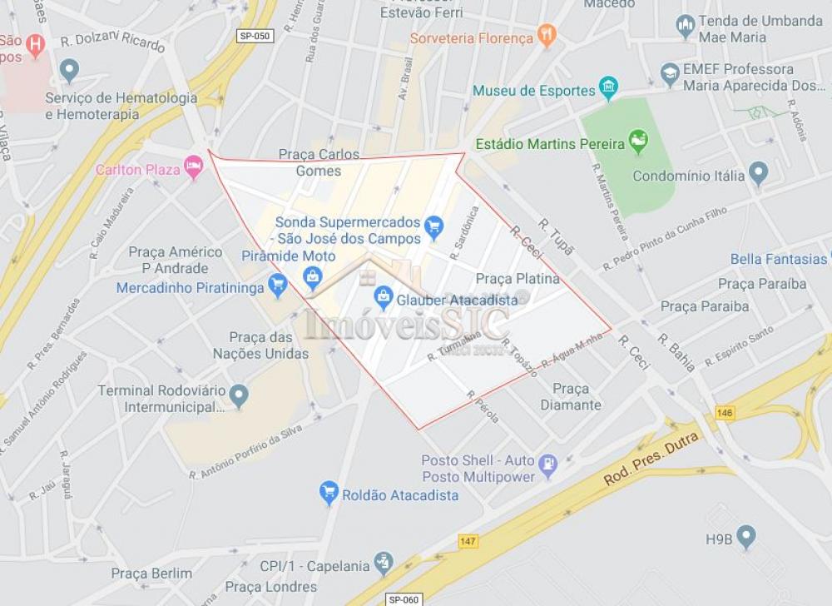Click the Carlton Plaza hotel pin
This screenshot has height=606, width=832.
pyautogui.click(x=194, y=166)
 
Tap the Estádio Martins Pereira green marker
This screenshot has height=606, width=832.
pyautogui.click(x=638, y=141)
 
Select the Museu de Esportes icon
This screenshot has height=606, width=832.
pyautogui.click(x=609, y=87)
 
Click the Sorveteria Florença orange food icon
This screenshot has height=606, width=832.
pyautogui.click(x=547, y=35)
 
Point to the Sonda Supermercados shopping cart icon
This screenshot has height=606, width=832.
pyautogui.click(x=433, y=225)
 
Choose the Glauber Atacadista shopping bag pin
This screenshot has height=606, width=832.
pyautogui.click(x=384, y=295)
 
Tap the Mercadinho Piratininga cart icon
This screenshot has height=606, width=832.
pyautogui.click(x=278, y=286)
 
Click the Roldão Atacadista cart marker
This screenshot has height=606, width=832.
pyautogui.click(x=329, y=492)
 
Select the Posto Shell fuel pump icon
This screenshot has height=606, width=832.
pyautogui.click(x=547, y=465)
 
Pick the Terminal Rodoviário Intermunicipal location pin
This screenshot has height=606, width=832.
pyautogui.click(x=240, y=395)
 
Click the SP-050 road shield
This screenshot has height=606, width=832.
pyautogui.click(x=255, y=36)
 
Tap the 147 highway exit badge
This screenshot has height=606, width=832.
pyautogui.click(x=468, y=542)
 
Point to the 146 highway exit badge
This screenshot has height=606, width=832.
pyautogui.click(x=726, y=413)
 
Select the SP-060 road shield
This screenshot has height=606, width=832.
pyautogui.click(x=405, y=599)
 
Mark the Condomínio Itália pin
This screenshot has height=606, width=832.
pyautogui.click(x=758, y=173)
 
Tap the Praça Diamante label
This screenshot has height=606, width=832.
pyautogui.click(x=571, y=397)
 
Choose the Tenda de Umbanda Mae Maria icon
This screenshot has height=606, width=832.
pyautogui.click(x=686, y=26)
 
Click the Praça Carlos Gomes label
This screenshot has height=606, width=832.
pyautogui.click(x=319, y=162)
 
